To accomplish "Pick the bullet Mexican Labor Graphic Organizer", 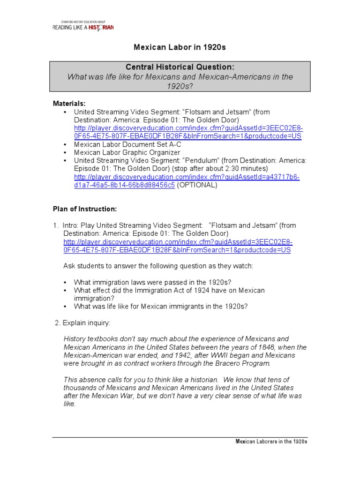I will point(127,152).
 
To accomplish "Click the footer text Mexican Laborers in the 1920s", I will point(271,442).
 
